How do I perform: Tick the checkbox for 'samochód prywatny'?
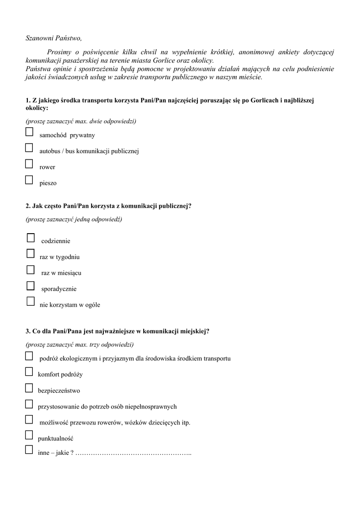point(29,132)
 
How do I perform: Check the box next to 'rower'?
point(29,164)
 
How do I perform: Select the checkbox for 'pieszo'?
point(29,179)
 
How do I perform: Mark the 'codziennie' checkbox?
point(31,238)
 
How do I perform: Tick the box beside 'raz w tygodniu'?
point(30,254)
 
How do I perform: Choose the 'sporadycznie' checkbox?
point(30,285)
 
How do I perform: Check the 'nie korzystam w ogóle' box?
point(30,301)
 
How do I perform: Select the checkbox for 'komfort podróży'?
point(29,371)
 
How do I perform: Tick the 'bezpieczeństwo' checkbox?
point(29,388)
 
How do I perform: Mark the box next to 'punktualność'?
point(29,435)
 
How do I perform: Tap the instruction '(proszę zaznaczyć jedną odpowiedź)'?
point(74,219)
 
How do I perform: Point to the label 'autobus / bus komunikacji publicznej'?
point(89,151)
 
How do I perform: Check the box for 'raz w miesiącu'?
point(30,269)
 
